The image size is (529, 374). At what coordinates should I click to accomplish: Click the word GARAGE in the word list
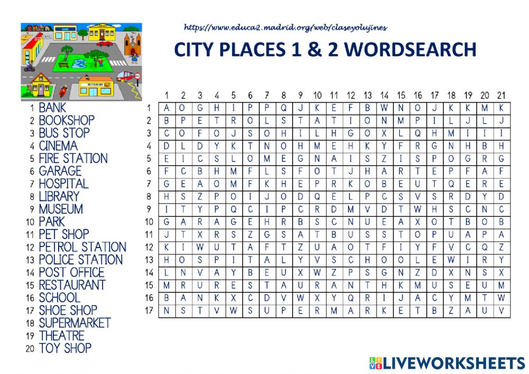60,171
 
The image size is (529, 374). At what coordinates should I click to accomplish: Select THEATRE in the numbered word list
62,335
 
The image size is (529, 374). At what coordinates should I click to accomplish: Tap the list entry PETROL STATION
83,247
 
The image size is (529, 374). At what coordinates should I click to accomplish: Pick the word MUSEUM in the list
61,209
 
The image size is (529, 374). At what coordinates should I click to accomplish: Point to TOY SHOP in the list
65,348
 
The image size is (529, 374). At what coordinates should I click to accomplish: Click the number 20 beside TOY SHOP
30,349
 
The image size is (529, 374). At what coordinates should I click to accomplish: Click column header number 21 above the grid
501,95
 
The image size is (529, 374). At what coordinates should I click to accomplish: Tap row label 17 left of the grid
149,311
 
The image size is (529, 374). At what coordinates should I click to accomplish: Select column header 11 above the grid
334,95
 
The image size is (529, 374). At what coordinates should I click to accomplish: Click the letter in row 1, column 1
166,108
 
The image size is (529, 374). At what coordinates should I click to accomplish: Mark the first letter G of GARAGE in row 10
166,222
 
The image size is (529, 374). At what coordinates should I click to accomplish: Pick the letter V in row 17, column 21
501,311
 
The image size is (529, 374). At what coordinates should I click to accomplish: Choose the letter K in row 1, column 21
501,108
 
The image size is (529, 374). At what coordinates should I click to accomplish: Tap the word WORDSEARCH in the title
410,49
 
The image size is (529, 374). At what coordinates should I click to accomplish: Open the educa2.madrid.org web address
286,28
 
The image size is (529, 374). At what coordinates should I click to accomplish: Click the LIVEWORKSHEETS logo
447,363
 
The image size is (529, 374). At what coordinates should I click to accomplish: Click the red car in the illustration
104,43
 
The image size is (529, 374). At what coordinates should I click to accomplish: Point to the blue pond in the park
79,63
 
